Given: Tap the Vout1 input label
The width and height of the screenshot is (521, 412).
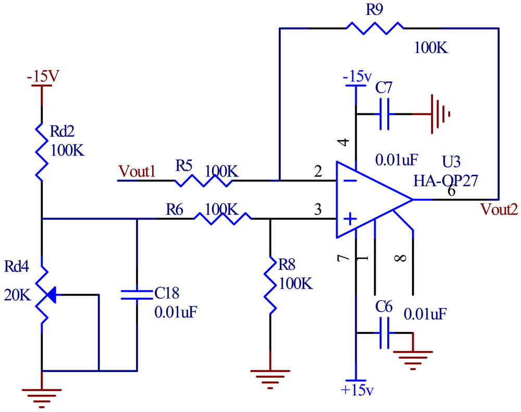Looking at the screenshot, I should (x=137, y=171).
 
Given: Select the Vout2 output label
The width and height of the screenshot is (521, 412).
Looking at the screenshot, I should (x=499, y=210).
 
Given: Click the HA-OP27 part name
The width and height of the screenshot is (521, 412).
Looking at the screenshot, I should (x=445, y=181).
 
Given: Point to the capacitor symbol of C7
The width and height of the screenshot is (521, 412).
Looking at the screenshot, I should (x=386, y=114).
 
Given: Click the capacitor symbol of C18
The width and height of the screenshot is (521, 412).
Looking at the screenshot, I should (x=137, y=294).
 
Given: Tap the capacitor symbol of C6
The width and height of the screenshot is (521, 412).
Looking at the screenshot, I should (x=385, y=332).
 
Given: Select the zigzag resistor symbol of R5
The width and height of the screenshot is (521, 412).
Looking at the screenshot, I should (x=203, y=181).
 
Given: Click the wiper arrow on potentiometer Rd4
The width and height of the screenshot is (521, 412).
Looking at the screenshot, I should (x=51, y=295).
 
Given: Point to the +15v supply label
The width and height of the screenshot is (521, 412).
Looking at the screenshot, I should (x=356, y=390).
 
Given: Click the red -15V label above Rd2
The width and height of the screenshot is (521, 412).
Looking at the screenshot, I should (x=44, y=76).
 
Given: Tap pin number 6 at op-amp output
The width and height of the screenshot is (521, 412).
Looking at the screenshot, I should (x=451, y=191).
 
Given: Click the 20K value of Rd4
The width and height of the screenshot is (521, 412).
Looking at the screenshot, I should (x=18, y=295).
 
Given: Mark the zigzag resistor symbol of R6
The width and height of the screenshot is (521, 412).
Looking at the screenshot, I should (x=222, y=218).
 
